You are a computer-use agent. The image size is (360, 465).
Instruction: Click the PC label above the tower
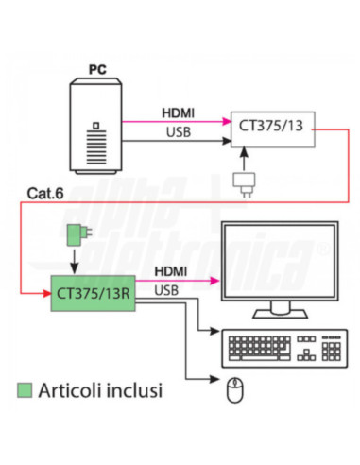tap(96, 69)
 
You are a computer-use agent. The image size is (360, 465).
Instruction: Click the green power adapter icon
tap(77, 232)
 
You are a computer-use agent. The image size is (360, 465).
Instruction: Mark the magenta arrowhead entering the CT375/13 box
tap(227, 120)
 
